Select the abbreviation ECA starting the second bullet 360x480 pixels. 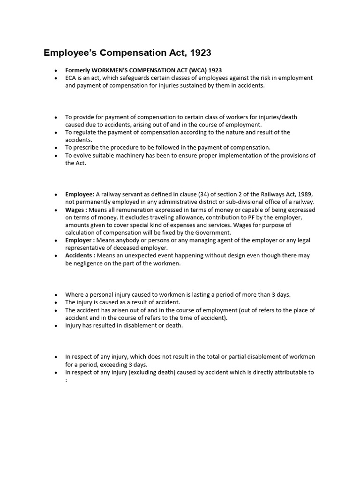(x=71, y=78)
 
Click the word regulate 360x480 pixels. (x=85, y=132)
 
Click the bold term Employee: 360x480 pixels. (x=80, y=194)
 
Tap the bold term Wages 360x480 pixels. (x=74, y=210)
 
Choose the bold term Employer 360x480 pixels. (x=78, y=240)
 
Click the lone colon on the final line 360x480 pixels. (x=66, y=380)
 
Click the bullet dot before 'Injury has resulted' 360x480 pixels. (x=55, y=326)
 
